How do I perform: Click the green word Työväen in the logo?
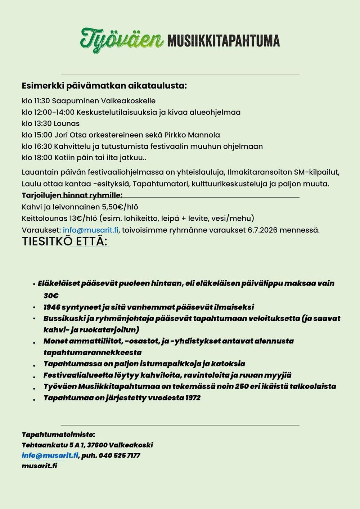(x=121, y=40)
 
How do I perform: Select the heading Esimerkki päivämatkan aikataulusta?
(x=104, y=86)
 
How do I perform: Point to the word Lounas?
(x=67, y=123)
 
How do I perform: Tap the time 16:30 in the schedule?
(x=43, y=147)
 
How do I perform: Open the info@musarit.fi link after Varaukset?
(x=91, y=230)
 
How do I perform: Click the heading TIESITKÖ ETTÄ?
(x=65, y=242)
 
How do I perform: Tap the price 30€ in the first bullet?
(x=51, y=296)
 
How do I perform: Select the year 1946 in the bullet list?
(x=51, y=307)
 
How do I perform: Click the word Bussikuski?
(x=60, y=319)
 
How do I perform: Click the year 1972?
(x=193, y=398)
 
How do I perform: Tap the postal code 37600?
(x=97, y=445)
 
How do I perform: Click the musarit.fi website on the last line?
(x=40, y=466)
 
